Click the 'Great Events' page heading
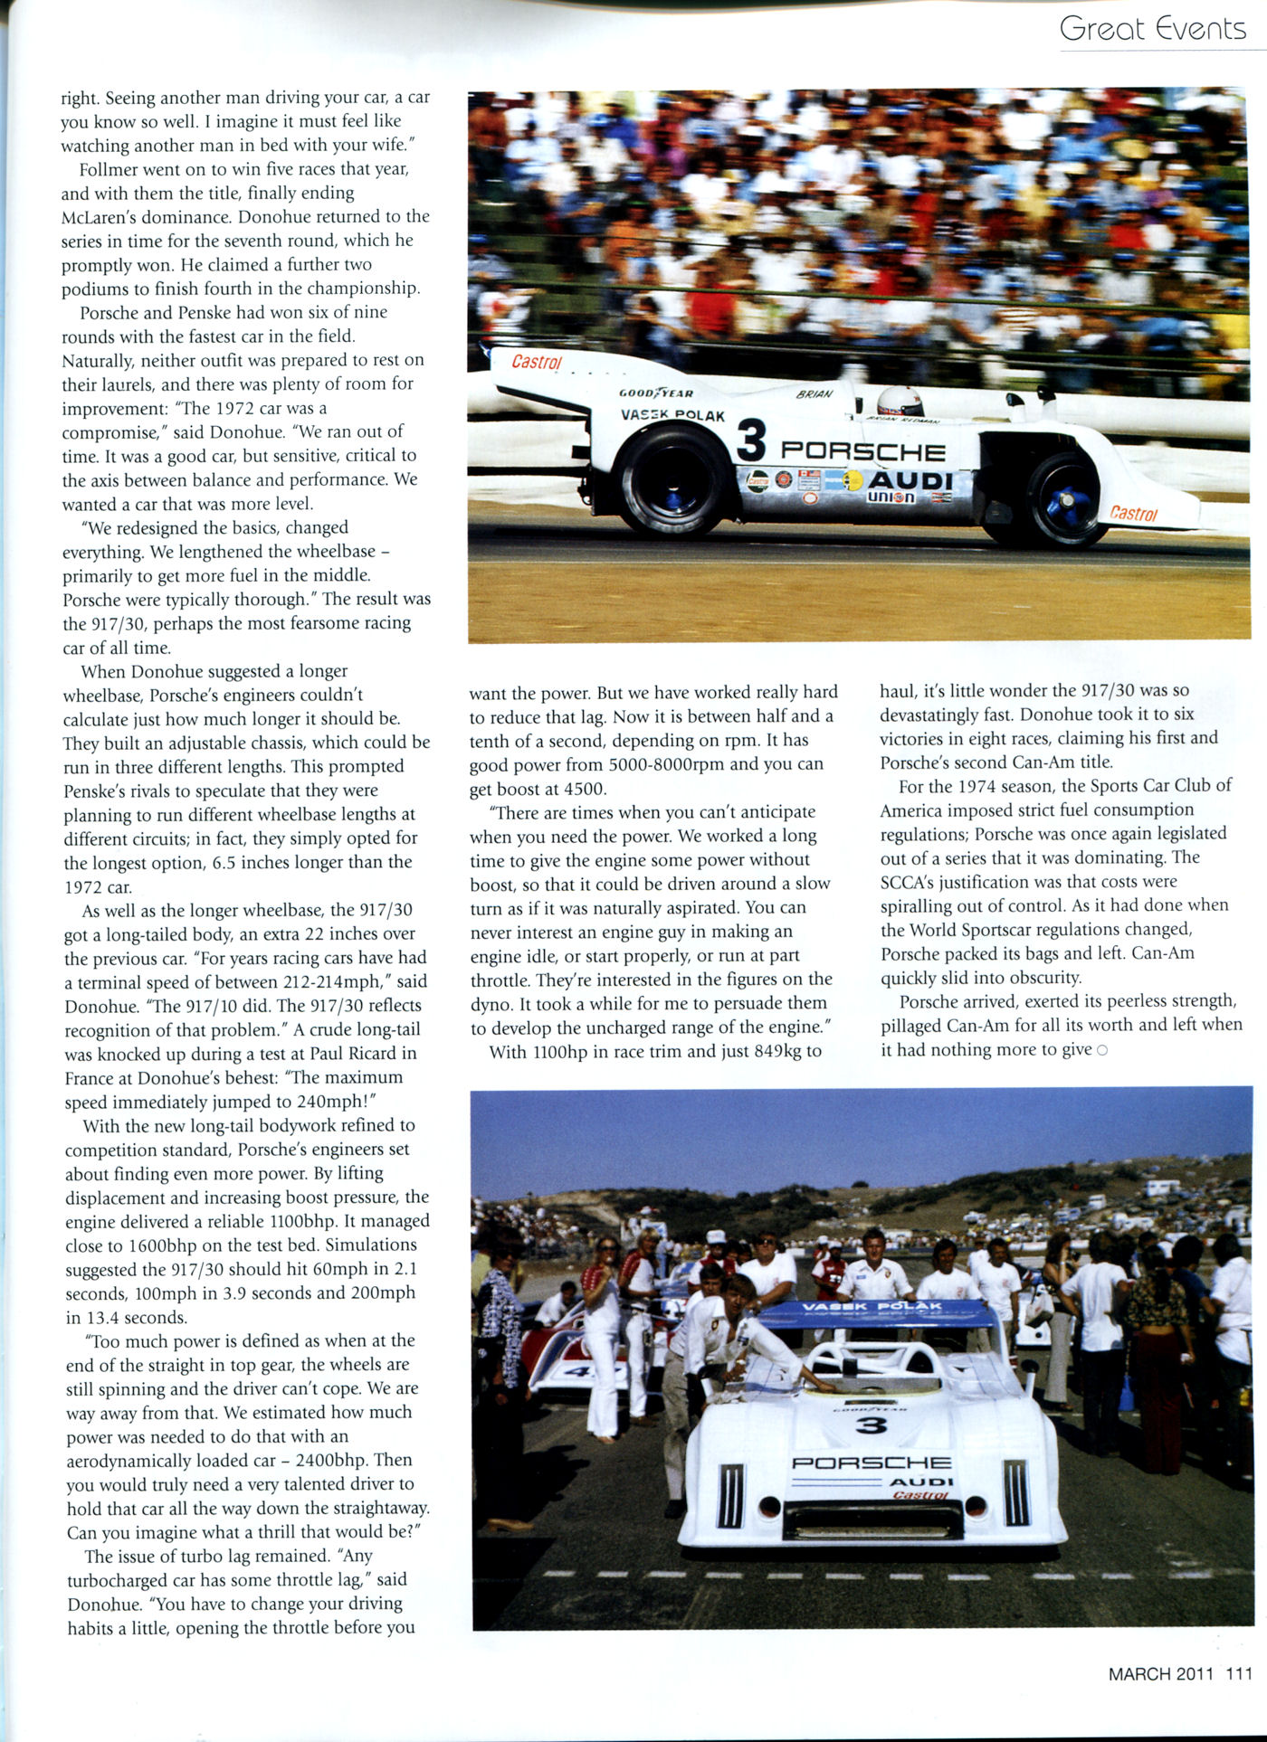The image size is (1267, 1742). [1152, 29]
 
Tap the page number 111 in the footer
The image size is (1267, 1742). [1239, 1673]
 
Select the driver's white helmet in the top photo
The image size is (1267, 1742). [900, 400]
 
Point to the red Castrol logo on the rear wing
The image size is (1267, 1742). [537, 362]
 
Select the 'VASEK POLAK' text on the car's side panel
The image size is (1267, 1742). [672, 415]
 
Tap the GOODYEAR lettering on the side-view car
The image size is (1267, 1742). [656, 393]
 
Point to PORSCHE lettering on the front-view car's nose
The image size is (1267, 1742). [871, 1463]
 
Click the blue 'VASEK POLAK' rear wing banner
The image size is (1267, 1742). [872, 1308]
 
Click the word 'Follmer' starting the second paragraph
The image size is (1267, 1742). [109, 169]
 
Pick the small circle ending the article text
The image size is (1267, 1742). [1101, 1050]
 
